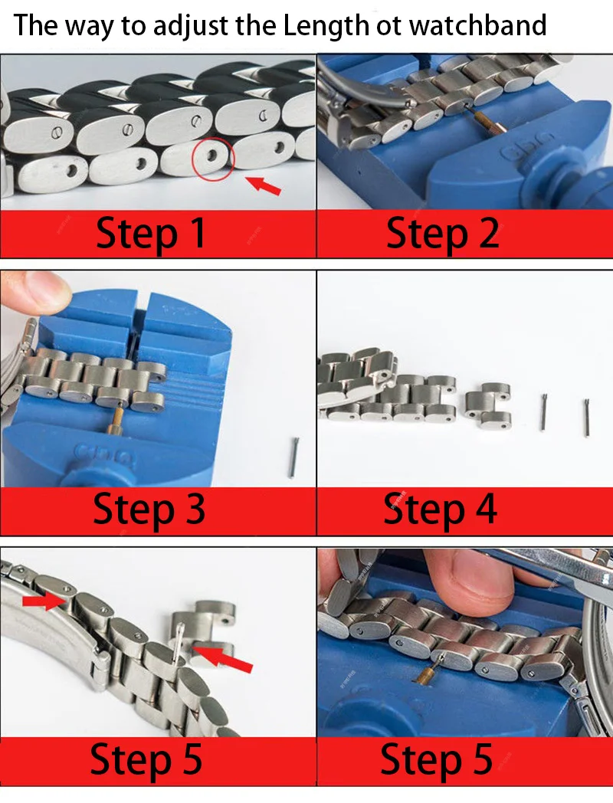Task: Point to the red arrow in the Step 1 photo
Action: [x=264, y=185]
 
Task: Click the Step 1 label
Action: [x=151, y=234]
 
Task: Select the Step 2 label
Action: [x=442, y=234]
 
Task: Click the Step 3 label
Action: [x=149, y=509]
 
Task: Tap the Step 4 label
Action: [x=440, y=509]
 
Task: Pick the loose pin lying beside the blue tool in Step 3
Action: [x=293, y=457]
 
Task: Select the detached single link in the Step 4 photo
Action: [x=488, y=404]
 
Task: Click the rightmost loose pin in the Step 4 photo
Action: [x=586, y=418]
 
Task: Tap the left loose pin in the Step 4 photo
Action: [x=543, y=413]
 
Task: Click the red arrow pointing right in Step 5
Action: [x=43, y=601]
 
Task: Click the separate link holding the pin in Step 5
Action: [x=202, y=630]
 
